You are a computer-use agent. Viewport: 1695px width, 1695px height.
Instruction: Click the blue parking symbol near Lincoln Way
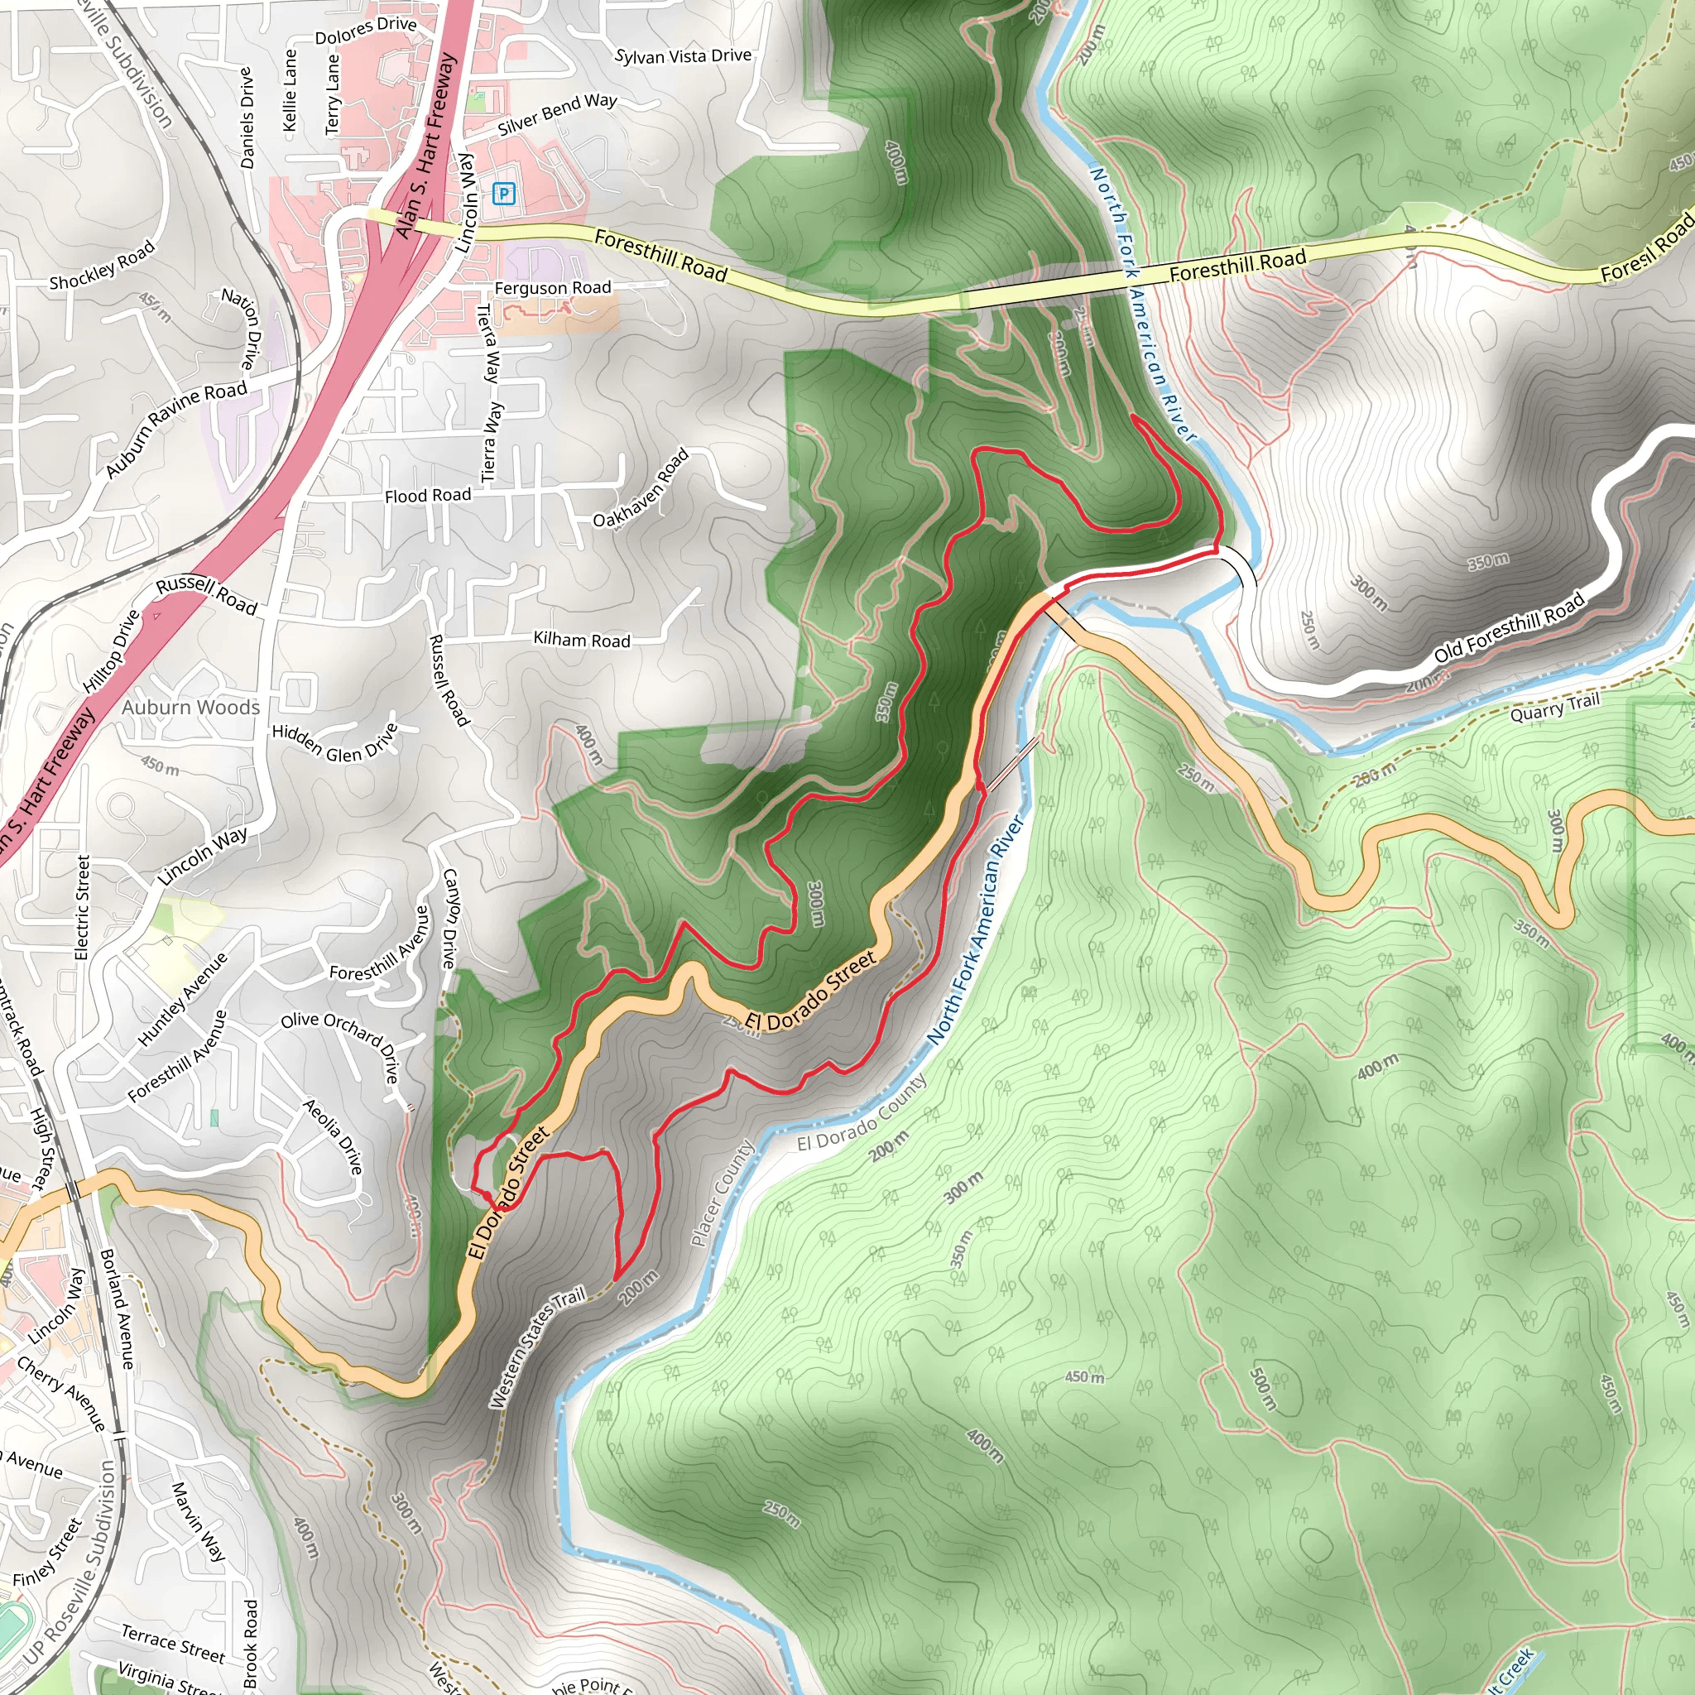coord(503,193)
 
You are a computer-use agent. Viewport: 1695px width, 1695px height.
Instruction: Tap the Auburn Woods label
coord(191,707)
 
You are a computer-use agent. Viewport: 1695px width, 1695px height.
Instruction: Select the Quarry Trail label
coord(1554,706)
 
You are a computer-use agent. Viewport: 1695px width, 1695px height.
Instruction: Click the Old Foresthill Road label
coord(1509,628)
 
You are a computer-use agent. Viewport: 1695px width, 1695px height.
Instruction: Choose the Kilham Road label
coord(582,640)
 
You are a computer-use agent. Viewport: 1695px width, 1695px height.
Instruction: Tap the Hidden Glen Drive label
coord(334,742)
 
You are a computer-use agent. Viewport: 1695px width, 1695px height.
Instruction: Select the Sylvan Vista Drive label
coord(683,56)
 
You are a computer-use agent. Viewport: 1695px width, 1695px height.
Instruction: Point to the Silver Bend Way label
coord(557,115)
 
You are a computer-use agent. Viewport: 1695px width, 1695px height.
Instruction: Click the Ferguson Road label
coord(553,288)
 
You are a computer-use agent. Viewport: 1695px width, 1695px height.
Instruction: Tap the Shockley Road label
coord(102,265)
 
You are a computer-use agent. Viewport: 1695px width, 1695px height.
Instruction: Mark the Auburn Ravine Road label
coord(175,430)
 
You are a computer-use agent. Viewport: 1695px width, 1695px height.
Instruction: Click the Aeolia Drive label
coord(333,1137)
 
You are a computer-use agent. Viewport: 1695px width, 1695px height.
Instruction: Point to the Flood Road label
coord(427,496)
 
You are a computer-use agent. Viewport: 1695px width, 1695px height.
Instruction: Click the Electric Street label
coord(83,907)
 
